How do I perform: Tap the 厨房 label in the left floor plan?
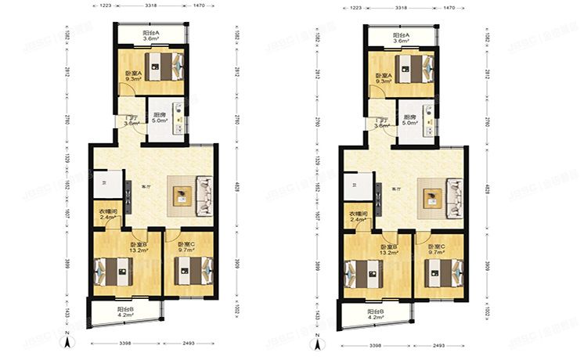click(x=159, y=115)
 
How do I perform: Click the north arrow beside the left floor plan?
click(x=70, y=340)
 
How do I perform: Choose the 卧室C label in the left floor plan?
click(x=186, y=245)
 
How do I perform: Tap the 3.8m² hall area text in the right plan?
click(x=382, y=124)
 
